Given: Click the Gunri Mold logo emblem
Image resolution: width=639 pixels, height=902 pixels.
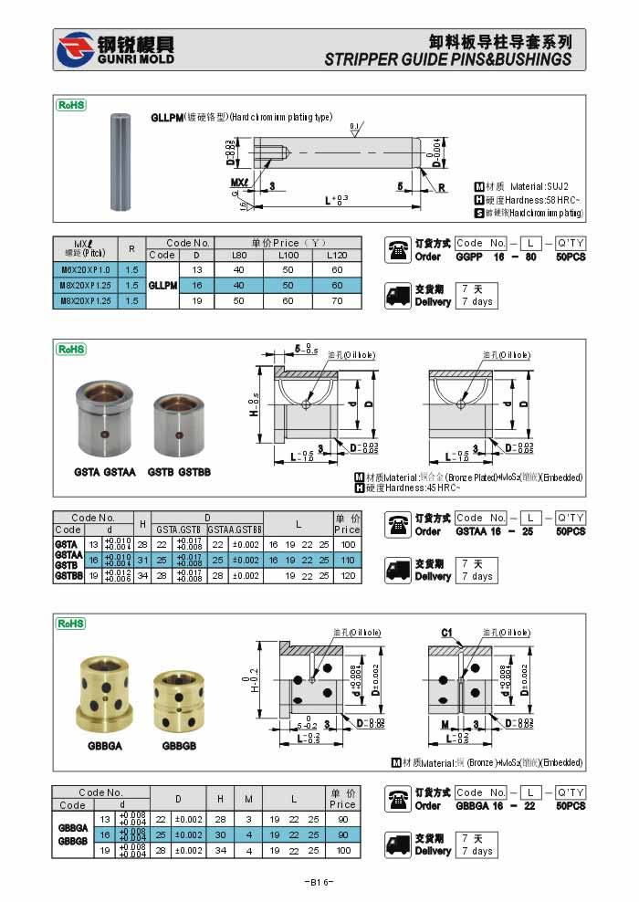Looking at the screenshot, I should click(75, 51).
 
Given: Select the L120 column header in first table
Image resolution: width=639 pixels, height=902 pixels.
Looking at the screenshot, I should click(337, 255).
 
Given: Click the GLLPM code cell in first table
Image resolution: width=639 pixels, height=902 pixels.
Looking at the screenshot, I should click(162, 285).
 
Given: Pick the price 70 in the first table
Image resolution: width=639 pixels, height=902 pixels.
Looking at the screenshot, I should click(337, 300).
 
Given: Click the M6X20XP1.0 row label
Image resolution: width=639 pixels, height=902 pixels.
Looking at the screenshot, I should click(84, 270).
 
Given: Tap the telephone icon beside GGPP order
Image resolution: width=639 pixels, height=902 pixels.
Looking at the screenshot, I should click(398, 249).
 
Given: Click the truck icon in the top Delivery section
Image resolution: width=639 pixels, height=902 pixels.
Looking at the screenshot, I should click(398, 294).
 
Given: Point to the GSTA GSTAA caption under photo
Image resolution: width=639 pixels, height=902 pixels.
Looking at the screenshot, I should click(105, 472).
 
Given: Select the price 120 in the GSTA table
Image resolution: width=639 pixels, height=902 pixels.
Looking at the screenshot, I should click(347, 576).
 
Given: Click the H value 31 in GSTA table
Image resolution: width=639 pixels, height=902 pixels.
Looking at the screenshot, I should click(142, 560).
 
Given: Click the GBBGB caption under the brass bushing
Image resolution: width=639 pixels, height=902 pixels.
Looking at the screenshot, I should click(180, 746).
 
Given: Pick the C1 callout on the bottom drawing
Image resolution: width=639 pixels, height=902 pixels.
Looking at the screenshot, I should click(446, 633).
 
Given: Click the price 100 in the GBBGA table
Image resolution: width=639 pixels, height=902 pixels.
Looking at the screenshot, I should click(342, 850).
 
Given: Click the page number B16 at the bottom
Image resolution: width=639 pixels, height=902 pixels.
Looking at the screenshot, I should click(319, 882).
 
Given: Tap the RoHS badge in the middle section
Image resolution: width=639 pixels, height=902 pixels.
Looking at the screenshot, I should click(71, 349).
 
